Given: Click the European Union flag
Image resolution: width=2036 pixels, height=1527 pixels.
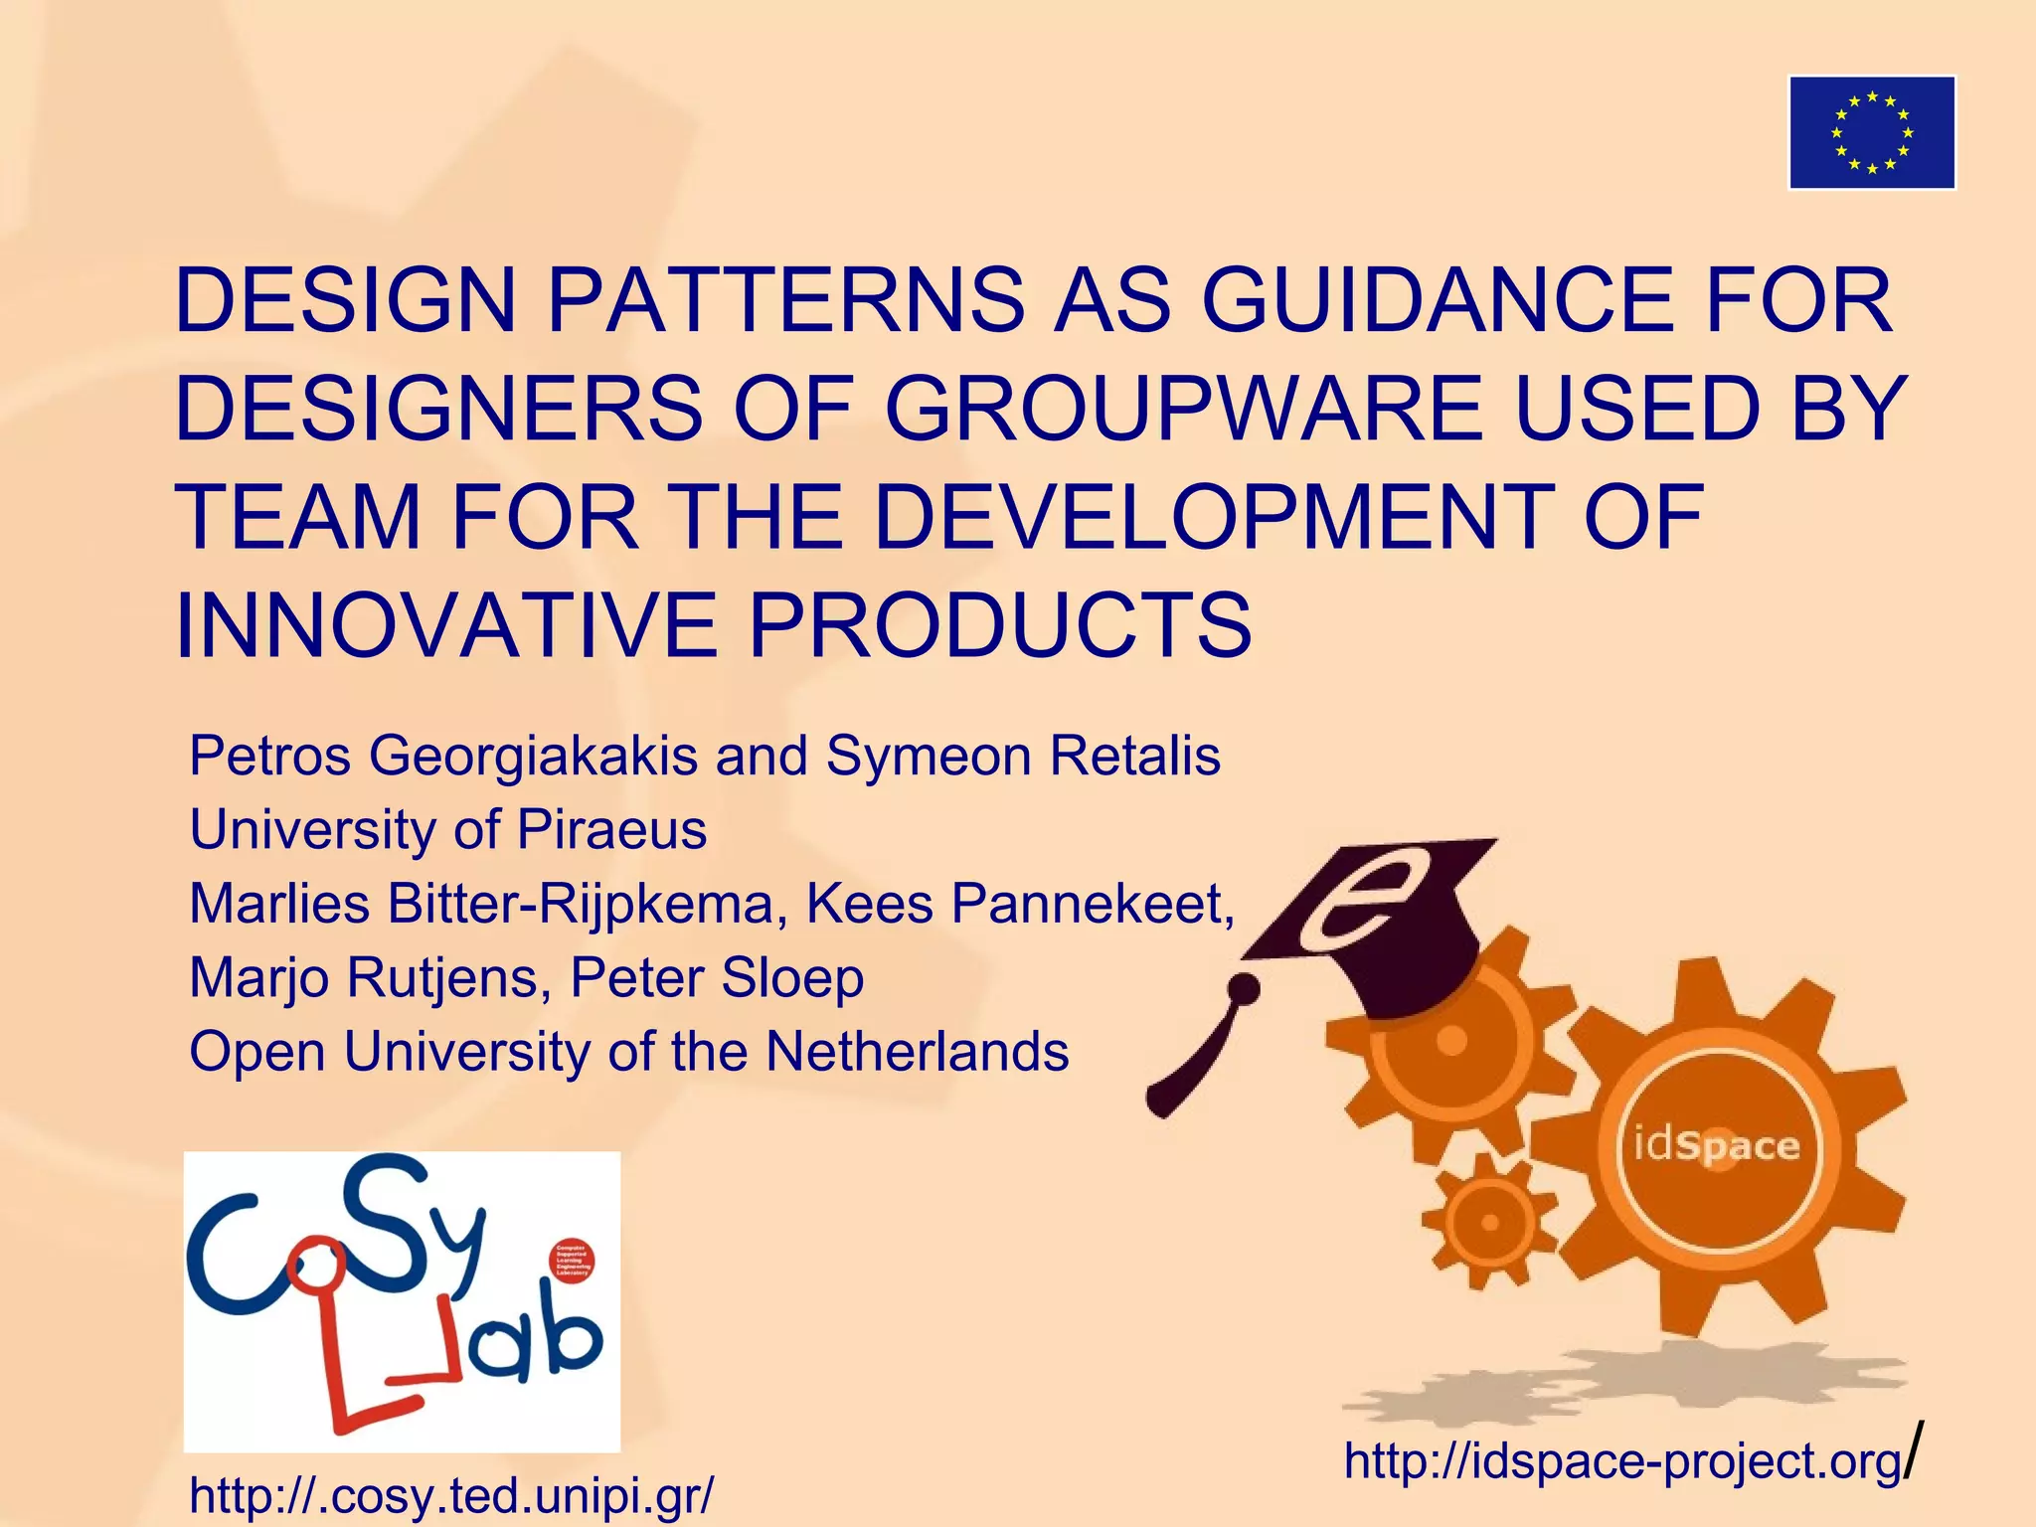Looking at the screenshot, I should (x=1872, y=132).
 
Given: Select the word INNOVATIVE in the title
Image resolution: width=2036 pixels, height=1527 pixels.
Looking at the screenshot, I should (x=445, y=625).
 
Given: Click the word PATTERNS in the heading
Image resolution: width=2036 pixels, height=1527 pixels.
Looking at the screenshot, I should (x=786, y=299).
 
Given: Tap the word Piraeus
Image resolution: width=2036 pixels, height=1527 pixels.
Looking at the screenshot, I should (x=611, y=829).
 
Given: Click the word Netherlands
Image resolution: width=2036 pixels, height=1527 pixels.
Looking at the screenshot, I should (x=917, y=1051).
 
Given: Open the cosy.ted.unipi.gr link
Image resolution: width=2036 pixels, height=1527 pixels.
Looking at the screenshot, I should (x=450, y=1494).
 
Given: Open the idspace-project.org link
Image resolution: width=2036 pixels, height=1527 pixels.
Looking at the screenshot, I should (x=1622, y=1459).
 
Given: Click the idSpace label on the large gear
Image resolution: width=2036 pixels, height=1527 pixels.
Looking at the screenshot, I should (x=1716, y=1145).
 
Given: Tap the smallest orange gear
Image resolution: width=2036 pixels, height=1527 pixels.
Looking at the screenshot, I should (x=1488, y=1222).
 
